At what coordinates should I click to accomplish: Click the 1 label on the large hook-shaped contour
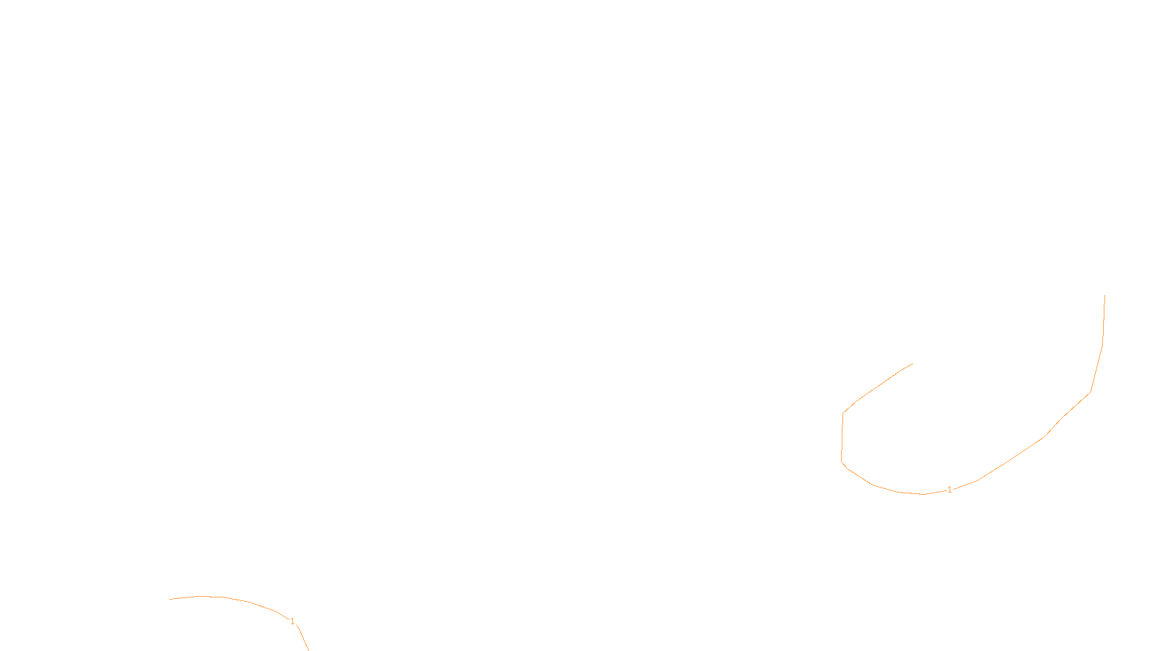[950, 490]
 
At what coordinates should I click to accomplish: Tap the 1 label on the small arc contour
[292, 621]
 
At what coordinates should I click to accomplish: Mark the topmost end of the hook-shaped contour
[1104, 295]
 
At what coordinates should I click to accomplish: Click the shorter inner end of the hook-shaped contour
[913, 363]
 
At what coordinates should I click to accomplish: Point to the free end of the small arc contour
[170, 599]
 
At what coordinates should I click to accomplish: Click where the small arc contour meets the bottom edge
[308, 650]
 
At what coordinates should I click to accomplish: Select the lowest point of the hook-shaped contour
[924, 494]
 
